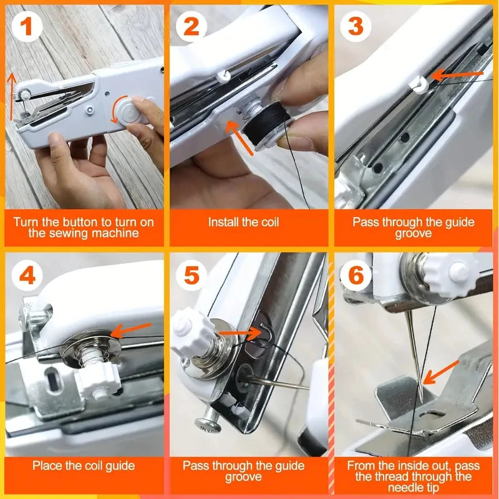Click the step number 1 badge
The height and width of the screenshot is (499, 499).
(26, 27)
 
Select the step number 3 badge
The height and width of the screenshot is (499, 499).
(356, 27)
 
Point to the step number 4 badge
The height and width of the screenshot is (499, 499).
(26, 274)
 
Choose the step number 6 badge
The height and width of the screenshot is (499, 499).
(356, 274)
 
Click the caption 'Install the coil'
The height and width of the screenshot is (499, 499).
(244, 222)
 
